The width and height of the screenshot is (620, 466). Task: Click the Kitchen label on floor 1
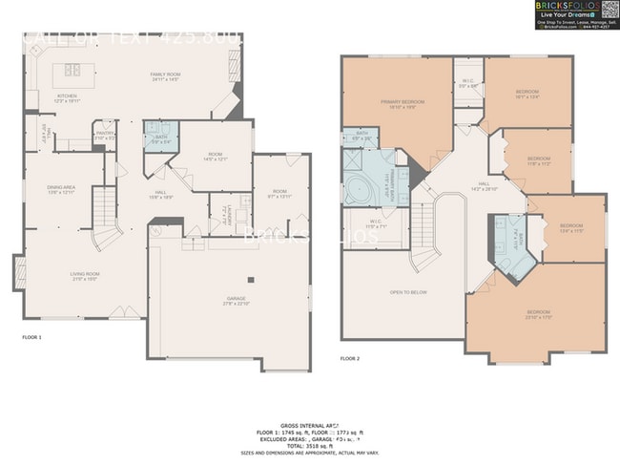tap(66, 97)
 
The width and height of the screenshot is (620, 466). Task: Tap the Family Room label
tap(164, 76)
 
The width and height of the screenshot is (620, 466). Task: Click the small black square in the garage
tap(251, 280)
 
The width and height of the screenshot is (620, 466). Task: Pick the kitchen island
tap(72, 70)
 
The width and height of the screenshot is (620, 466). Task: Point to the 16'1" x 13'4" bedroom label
tap(527, 94)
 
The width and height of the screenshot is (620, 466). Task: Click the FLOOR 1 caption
tap(31, 337)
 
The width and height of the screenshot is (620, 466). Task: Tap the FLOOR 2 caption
tap(350, 358)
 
